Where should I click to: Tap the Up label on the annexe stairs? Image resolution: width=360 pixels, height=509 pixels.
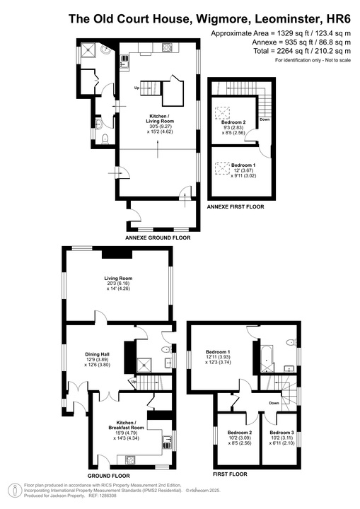pyautogui.click(x=137, y=88)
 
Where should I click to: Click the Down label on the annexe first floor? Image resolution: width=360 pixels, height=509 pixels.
pyautogui.click(x=264, y=119)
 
